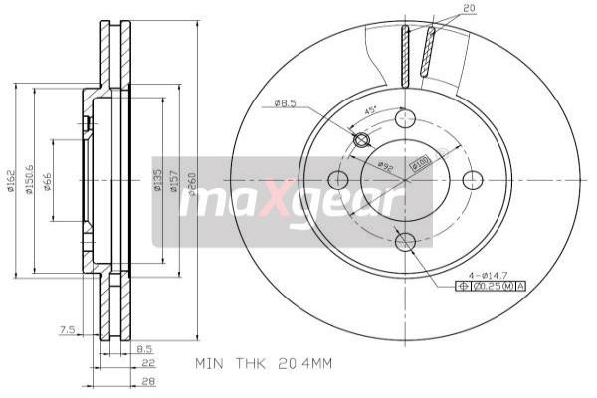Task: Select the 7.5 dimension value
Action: click(x=67, y=328)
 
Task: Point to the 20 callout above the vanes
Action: click(x=470, y=9)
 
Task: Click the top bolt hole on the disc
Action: click(x=404, y=118)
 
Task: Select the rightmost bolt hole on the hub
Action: click(x=473, y=180)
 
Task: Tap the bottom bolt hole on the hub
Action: click(x=404, y=242)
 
